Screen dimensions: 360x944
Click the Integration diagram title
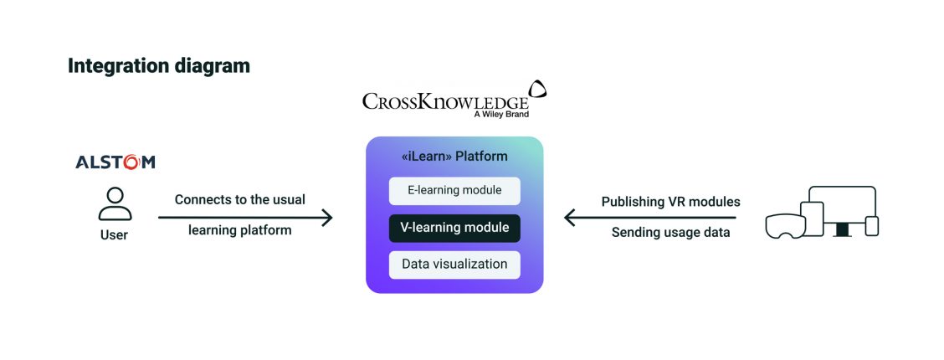[x=158, y=66]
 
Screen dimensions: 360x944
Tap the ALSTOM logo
[x=115, y=162]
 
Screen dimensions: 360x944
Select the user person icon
[x=115, y=203]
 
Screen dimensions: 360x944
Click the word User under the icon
[x=115, y=235]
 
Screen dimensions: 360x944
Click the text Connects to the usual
[x=239, y=200]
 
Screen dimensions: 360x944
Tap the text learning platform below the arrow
[x=239, y=230]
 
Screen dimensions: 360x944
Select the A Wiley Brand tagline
[x=500, y=115]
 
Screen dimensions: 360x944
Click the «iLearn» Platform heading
[x=454, y=157]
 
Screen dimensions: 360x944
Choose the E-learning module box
[x=454, y=191]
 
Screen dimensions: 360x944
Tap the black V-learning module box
[x=454, y=228]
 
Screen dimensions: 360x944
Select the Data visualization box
[x=454, y=265]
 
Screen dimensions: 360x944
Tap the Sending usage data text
[x=670, y=233]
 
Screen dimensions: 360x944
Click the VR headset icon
[x=785, y=224]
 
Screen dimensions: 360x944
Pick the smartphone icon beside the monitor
[x=871, y=226]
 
